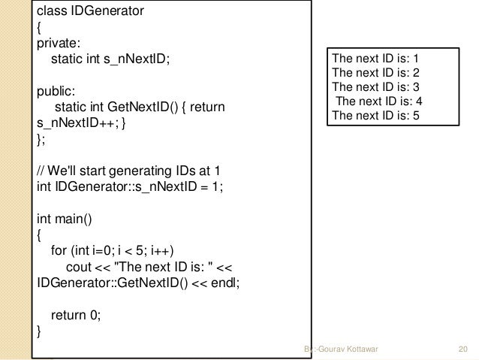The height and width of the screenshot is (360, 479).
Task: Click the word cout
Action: pos(82,268)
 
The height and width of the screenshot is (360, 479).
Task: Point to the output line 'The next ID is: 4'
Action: pos(377,101)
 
